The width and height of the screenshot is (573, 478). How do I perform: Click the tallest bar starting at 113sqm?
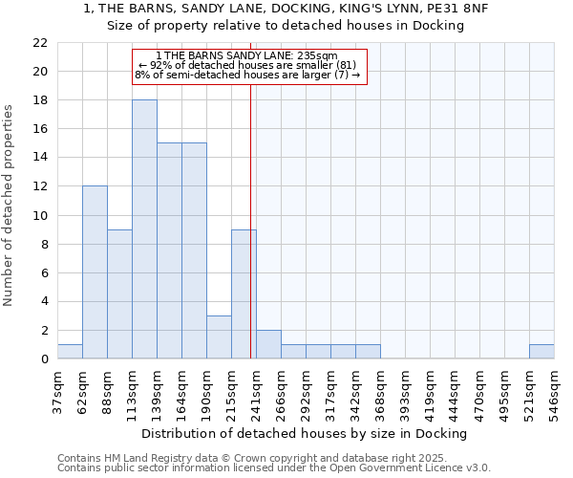(144, 229)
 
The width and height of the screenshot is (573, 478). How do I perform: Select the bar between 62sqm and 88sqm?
(95, 272)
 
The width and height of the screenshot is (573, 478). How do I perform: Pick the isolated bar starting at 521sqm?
(541, 351)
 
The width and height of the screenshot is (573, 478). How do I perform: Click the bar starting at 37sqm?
(70, 351)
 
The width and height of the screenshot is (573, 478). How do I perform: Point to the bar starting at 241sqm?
(268, 344)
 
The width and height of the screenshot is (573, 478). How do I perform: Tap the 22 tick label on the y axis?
(39, 43)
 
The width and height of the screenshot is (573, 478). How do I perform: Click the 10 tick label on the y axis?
(39, 215)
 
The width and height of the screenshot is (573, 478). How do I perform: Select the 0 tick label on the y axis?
(43, 358)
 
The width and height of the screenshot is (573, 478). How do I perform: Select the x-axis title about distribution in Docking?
(310, 434)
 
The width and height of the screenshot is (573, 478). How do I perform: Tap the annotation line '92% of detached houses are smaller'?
(249, 65)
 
